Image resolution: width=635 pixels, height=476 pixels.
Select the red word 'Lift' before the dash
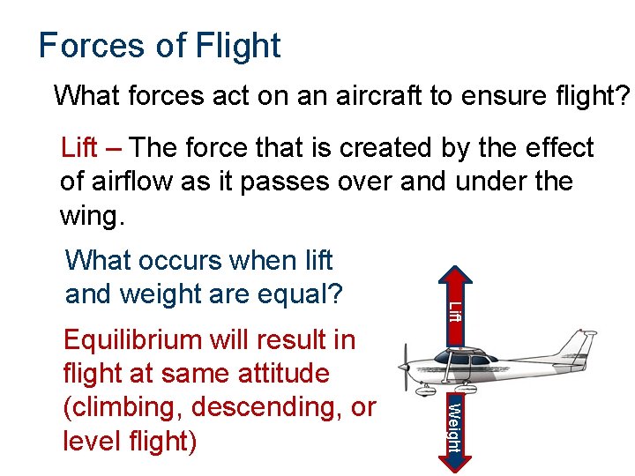click(x=79, y=148)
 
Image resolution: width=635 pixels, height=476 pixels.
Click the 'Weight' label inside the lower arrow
click(x=452, y=425)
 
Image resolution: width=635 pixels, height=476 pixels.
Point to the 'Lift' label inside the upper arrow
click(x=453, y=310)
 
